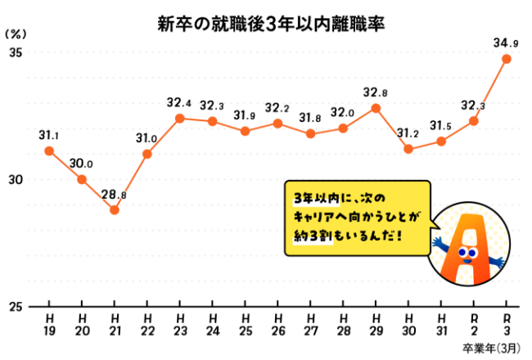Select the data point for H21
pyautogui.click(x=115, y=210)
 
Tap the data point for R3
pyautogui.click(x=507, y=59)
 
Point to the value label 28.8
pyautogui.click(x=114, y=195)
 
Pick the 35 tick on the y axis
pyautogui.click(x=15, y=52)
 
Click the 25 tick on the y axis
pyautogui.click(x=15, y=307)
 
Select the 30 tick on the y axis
pyautogui.click(x=15, y=180)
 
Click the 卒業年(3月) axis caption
pyautogui.click(x=489, y=348)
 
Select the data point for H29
pyautogui.click(x=376, y=108)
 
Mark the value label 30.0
pyautogui.click(x=81, y=164)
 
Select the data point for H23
pyautogui.click(x=180, y=118)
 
